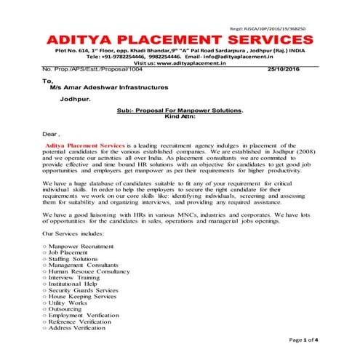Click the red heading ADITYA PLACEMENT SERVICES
[179, 38]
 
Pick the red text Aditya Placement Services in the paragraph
[84, 146]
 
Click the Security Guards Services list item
[87, 289]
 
